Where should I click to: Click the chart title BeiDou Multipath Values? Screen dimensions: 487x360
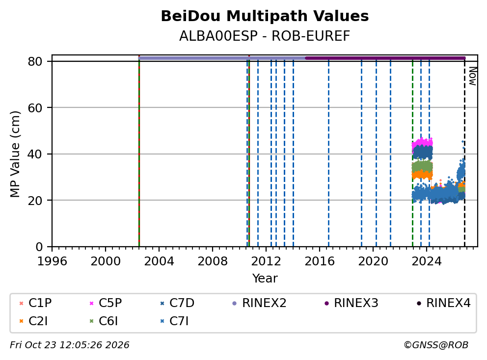point(265,16)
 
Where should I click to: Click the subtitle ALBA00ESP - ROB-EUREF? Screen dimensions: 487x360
point(265,36)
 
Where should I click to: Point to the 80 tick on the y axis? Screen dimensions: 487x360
point(35,61)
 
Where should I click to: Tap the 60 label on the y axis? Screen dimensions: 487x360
point(35,108)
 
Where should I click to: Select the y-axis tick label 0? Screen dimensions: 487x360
point(39,247)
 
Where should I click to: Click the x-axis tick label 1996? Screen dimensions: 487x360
point(52,261)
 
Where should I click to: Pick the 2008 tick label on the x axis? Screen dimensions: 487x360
point(213,261)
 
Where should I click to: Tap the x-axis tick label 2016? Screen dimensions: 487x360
point(320,261)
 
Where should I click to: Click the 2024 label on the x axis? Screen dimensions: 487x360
point(427,261)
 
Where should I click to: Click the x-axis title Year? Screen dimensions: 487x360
point(265,279)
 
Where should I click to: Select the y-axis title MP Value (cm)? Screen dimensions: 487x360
point(15,154)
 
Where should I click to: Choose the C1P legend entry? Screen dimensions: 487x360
point(35,303)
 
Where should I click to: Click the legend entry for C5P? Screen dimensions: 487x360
point(106,303)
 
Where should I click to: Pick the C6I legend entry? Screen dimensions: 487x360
point(104,321)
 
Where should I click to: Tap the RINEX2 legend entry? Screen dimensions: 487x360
point(259,303)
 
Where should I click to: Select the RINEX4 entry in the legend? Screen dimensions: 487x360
point(443,303)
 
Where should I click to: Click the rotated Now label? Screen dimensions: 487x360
point(472,77)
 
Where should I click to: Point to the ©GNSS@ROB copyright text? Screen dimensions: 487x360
point(436,345)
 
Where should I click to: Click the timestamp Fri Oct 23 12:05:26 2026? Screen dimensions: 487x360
point(70,345)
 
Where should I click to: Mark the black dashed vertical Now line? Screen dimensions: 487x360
point(464,153)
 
